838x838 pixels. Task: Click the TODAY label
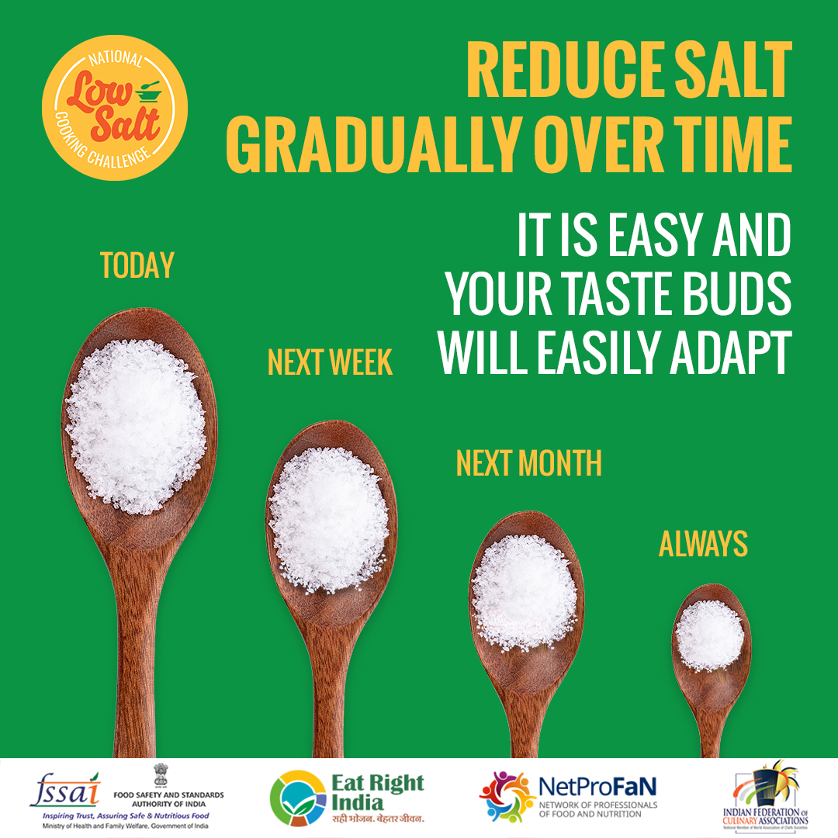[137, 265]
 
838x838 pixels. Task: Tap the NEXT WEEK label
[330, 362]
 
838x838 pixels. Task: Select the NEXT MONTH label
[528, 463]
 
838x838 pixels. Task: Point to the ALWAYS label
[703, 545]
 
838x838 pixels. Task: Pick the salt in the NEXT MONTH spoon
[525, 591]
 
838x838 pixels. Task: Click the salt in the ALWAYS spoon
[709, 635]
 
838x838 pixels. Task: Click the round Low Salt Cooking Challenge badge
[114, 108]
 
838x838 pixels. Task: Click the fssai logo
[65, 791]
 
